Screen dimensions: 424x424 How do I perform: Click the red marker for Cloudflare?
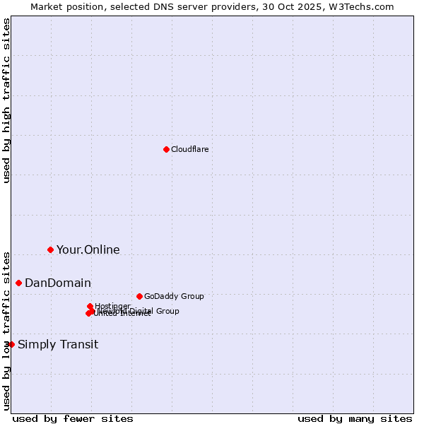point(166,149)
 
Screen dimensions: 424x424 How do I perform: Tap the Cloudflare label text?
point(189,149)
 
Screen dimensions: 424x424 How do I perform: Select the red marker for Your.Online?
point(50,249)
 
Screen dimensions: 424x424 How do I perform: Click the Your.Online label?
point(88,249)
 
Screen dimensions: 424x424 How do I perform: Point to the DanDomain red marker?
point(18,283)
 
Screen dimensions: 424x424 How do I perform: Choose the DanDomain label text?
point(57,283)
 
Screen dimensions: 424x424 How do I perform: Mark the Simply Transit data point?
point(11,344)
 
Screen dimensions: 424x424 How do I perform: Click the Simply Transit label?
point(58,344)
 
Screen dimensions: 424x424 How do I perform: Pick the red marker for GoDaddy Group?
point(139,296)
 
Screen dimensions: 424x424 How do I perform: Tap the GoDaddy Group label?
point(173,296)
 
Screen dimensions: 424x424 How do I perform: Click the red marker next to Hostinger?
point(90,306)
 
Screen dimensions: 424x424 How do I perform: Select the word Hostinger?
point(112,306)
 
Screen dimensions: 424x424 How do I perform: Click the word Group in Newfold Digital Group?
point(167,311)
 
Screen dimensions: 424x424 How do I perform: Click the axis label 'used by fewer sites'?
point(73,418)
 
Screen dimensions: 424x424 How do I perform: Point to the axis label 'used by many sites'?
point(355,418)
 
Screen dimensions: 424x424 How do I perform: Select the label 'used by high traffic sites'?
point(6,100)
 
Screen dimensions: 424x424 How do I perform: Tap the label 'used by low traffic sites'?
point(6,330)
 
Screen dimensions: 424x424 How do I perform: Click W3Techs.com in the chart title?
point(365,6)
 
